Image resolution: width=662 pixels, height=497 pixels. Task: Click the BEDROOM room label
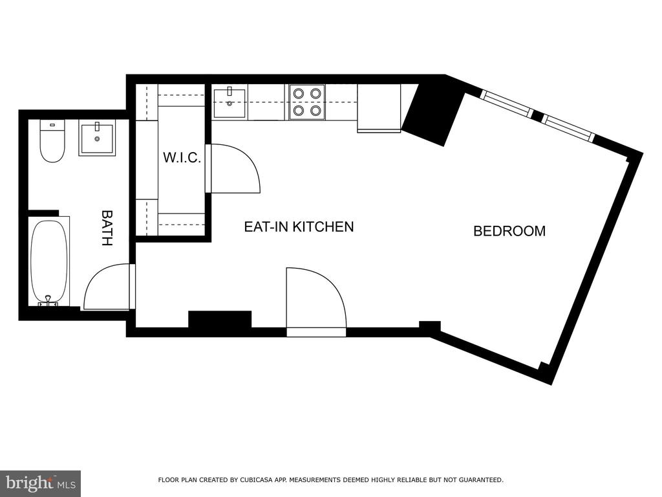509,231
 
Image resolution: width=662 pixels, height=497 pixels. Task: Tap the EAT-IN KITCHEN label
299,226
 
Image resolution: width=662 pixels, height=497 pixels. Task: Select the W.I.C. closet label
182,158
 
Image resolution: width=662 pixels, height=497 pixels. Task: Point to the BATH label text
107,228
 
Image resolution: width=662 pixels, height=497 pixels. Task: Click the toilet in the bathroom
52,141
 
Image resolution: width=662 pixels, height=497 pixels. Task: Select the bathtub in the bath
49,261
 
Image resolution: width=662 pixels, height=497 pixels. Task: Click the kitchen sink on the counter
230,103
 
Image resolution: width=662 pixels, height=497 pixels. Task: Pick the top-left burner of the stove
299,93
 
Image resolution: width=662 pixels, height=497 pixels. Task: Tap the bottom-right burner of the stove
315,111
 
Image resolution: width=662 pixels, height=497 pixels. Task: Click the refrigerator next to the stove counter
379,108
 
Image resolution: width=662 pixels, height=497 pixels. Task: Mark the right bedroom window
569,127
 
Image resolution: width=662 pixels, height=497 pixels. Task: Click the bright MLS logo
41,483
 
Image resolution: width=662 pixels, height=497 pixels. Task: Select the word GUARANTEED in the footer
481,480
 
